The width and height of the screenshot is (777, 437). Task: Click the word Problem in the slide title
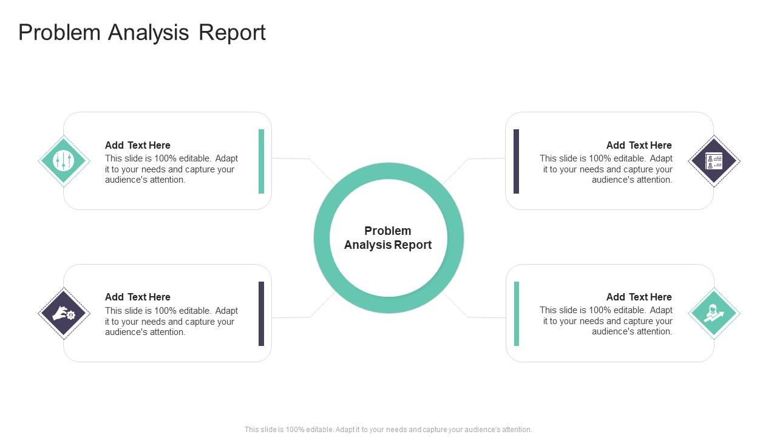click(x=59, y=33)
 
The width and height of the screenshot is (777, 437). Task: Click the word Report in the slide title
click(x=232, y=33)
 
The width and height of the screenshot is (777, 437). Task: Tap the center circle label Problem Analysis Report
click(x=388, y=238)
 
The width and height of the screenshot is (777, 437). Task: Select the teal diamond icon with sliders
click(x=64, y=161)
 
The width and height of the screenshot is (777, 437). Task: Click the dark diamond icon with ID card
click(x=714, y=161)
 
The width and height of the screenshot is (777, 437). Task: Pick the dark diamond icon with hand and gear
click(x=64, y=313)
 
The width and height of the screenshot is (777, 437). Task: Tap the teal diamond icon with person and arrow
click(x=714, y=313)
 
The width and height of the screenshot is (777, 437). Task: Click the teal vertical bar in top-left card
click(x=261, y=161)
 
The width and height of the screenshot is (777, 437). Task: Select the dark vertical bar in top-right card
click(x=516, y=161)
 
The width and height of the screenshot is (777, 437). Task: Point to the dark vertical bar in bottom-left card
click(x=261, y=314)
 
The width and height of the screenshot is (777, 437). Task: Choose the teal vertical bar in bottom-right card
click(x=517, y=314)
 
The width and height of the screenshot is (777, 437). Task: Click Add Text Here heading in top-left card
click(x=138, y=145)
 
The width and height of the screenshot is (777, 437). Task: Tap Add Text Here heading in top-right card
click(x=639, y=145)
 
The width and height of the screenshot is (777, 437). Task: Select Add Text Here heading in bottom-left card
click(x=138, y=297)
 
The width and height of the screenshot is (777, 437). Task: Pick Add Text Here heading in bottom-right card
click(x=639, y=297)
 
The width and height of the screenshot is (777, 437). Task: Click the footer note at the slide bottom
click(x=388, y=429)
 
